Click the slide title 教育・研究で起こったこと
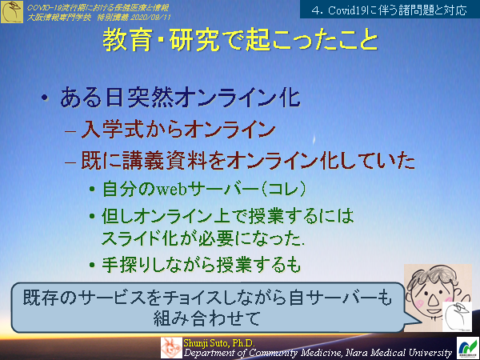coord(240,41)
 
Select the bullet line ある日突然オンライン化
coord(180,98)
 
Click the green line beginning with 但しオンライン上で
coord(228,216)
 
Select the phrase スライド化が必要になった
coord(204,237)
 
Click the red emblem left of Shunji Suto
coord(171,346)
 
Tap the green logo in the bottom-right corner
coord(466,347)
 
